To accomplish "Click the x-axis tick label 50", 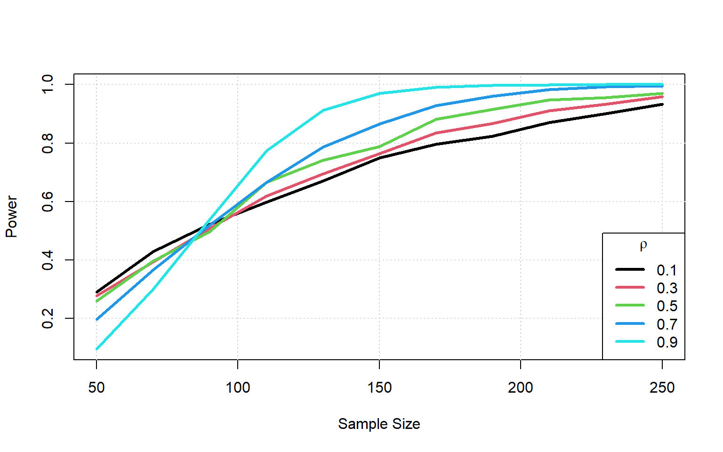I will point(96,387).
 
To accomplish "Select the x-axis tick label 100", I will point(238,387).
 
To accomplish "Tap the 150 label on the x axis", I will point(379,387).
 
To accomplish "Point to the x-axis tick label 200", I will point(521,387).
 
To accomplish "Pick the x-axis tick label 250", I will point(662,387).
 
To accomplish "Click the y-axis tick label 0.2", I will point(48,319).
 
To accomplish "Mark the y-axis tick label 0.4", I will point(48,260).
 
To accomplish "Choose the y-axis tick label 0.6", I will point(48,202).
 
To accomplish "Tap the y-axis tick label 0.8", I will point(48,143).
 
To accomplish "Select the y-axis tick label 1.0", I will point(48,85).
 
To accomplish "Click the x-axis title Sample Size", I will point(379,424).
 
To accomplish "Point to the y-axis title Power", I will point(11,217).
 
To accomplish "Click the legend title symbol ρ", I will point(643,245).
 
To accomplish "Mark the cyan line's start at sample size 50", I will point(97,349).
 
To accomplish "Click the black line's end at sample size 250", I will point(662,104).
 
